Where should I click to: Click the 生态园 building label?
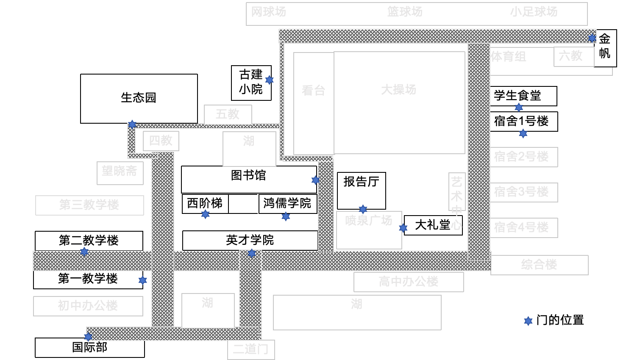[x=139, y=98]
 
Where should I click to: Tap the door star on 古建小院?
[x=269, y=80]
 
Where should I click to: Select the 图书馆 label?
[x=248, y=175]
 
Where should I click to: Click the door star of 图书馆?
[x=315, y=180]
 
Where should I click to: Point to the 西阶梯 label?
[x=205, y=203]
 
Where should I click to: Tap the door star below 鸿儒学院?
[x=286, y=216]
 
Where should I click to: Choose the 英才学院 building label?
[x=250, y=240]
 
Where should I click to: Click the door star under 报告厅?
[x=363, y=209]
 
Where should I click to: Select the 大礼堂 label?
[x=432, y=224]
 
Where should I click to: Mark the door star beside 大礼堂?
[x=403, y=228]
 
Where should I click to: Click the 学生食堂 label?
[x=517, y=96]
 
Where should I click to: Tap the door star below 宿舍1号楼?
[x=523, y=134]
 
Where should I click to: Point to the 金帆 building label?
[x=605, y=46]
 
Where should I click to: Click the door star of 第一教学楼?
[x=142, y=280]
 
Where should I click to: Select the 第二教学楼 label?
[x=89, y=241]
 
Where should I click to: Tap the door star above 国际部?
[x=88, y=337]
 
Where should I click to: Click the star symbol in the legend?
[x=528, y=321]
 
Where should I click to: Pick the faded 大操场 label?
[x=398, y=90]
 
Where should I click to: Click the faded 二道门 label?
[x=250, y=349]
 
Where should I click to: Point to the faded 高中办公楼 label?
[x=409, y=282]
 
